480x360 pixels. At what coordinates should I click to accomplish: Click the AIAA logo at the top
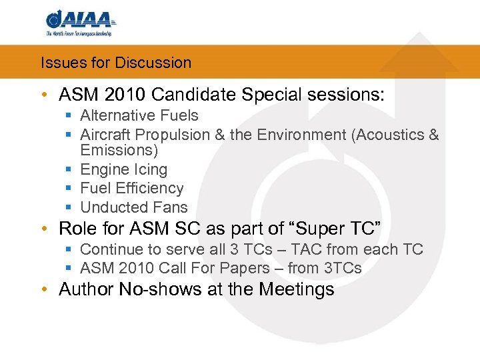pyautogui.click(x=79, y=22)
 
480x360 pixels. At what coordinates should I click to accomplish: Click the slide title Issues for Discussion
pyautogui.click(x=116, y=63)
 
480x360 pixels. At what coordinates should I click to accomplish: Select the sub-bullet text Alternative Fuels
pyautogui.click(x=139, y=116)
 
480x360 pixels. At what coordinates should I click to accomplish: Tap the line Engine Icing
pyautogui.click(x=123, y=170)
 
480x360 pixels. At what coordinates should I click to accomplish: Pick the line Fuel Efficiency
pyautogui.click(x=131, y=189)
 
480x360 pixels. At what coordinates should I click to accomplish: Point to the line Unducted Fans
pyautogui.click(x=134, y=207)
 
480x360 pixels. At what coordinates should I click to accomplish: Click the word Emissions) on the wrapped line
pyautogui.click(x=118, y=151)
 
